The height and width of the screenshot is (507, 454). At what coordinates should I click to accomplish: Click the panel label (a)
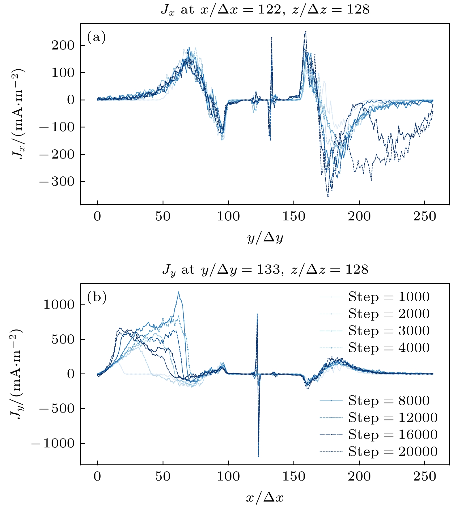click(96, 37)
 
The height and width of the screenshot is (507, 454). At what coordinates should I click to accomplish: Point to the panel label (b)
click(97, 297)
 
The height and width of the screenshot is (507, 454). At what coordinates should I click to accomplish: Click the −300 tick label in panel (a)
click(57, 182)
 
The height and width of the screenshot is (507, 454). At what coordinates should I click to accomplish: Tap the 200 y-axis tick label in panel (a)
click(63, 45)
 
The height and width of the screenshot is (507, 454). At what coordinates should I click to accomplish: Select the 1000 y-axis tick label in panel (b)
click(59, 305)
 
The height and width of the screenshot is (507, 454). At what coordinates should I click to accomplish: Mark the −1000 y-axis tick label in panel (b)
click(53, 443)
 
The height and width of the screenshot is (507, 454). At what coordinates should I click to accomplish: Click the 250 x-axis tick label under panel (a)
click(425, 216)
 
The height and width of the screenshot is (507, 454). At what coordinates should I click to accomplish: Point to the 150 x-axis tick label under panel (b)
click(294, 476)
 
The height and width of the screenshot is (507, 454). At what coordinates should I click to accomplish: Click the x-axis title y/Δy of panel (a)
click(265, 238)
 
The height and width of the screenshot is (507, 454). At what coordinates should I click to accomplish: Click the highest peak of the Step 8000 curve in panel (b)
click(178, 292)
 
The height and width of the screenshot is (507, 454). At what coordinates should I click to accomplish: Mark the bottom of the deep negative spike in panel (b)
click(259, 456)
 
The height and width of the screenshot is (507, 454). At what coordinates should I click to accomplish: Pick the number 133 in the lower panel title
click(268, 270)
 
